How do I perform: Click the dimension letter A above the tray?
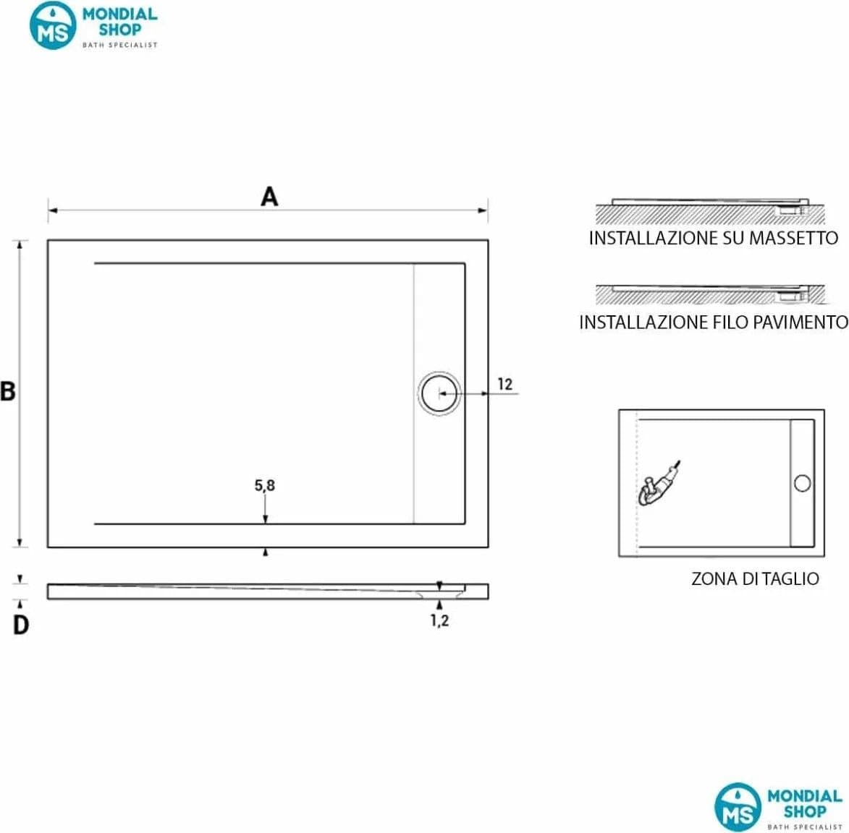coord(269,197)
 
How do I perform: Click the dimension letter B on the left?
coord(7,391)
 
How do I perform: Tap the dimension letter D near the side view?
coord(20,625)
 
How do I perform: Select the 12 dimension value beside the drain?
coord(504,384)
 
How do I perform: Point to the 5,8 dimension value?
coord(265,486)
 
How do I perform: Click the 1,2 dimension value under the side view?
coord(439,620)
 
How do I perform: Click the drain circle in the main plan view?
coord(439,394)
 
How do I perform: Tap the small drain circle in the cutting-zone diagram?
coord(802,483)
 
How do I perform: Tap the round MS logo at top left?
coord(53,25)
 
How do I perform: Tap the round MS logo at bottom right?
coord(738,807)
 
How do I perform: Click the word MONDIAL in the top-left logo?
coord(119,14)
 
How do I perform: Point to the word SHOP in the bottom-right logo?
coord(805,811)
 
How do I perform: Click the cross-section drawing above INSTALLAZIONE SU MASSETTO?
coord(710,211)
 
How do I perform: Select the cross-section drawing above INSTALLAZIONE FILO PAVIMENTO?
coord(710,294)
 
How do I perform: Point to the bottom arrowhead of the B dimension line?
coord(20,542)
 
